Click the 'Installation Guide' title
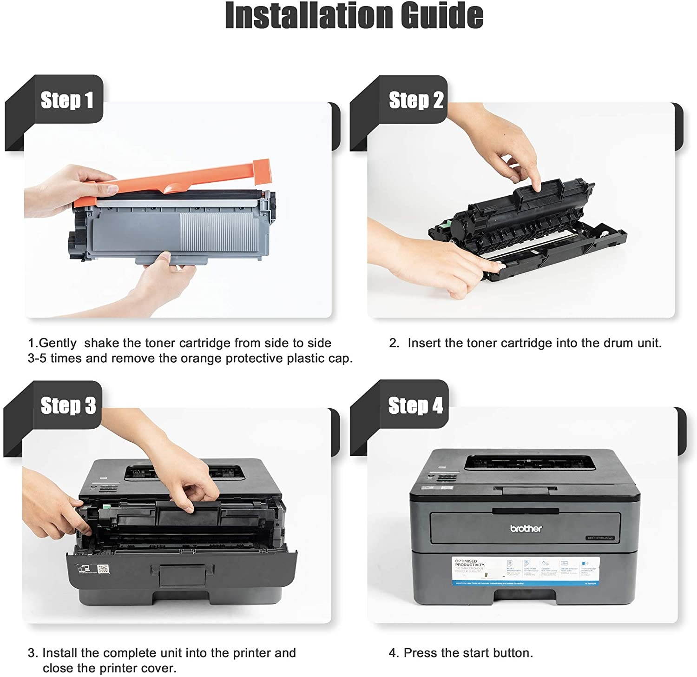354,16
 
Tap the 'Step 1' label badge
67,100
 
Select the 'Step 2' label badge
416,100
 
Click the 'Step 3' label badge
68,405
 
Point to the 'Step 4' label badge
415,405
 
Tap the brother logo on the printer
526,528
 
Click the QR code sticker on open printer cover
103,570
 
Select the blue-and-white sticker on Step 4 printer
526,571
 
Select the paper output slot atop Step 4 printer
530,462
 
